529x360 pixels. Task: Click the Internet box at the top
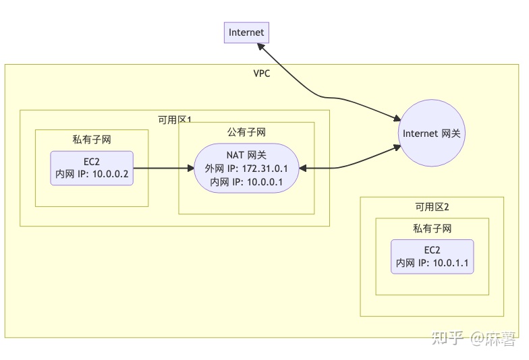pyautogui.click(x=246, y=32)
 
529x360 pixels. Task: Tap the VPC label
pyautogui.click(x=261, y=73)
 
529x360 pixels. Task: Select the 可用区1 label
pyautogui.click(x=175, y=119)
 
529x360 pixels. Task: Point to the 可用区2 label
pyautogui.click(x=432, y=206)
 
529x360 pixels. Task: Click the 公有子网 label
pyautogui.click(x=246, y=132)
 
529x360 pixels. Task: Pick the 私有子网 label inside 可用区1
pyautogui.click(x=92, y=140)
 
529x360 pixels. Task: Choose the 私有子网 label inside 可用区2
pyautogui.click(x=432, y=229)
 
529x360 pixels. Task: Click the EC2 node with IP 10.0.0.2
pyautogui.click(x=92, y=168)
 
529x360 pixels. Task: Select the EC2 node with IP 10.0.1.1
pyautogui.click(x=432, y=257)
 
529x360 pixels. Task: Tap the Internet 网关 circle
pyautogui.click(x=431, y=133)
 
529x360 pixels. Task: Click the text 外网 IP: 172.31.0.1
pyautogui.click(x=246, y=168)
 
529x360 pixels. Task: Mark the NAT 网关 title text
pyautogui.click(x=246, y=155)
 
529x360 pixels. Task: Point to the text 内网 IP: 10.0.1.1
pyautogui.click(x=432, y=263)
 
